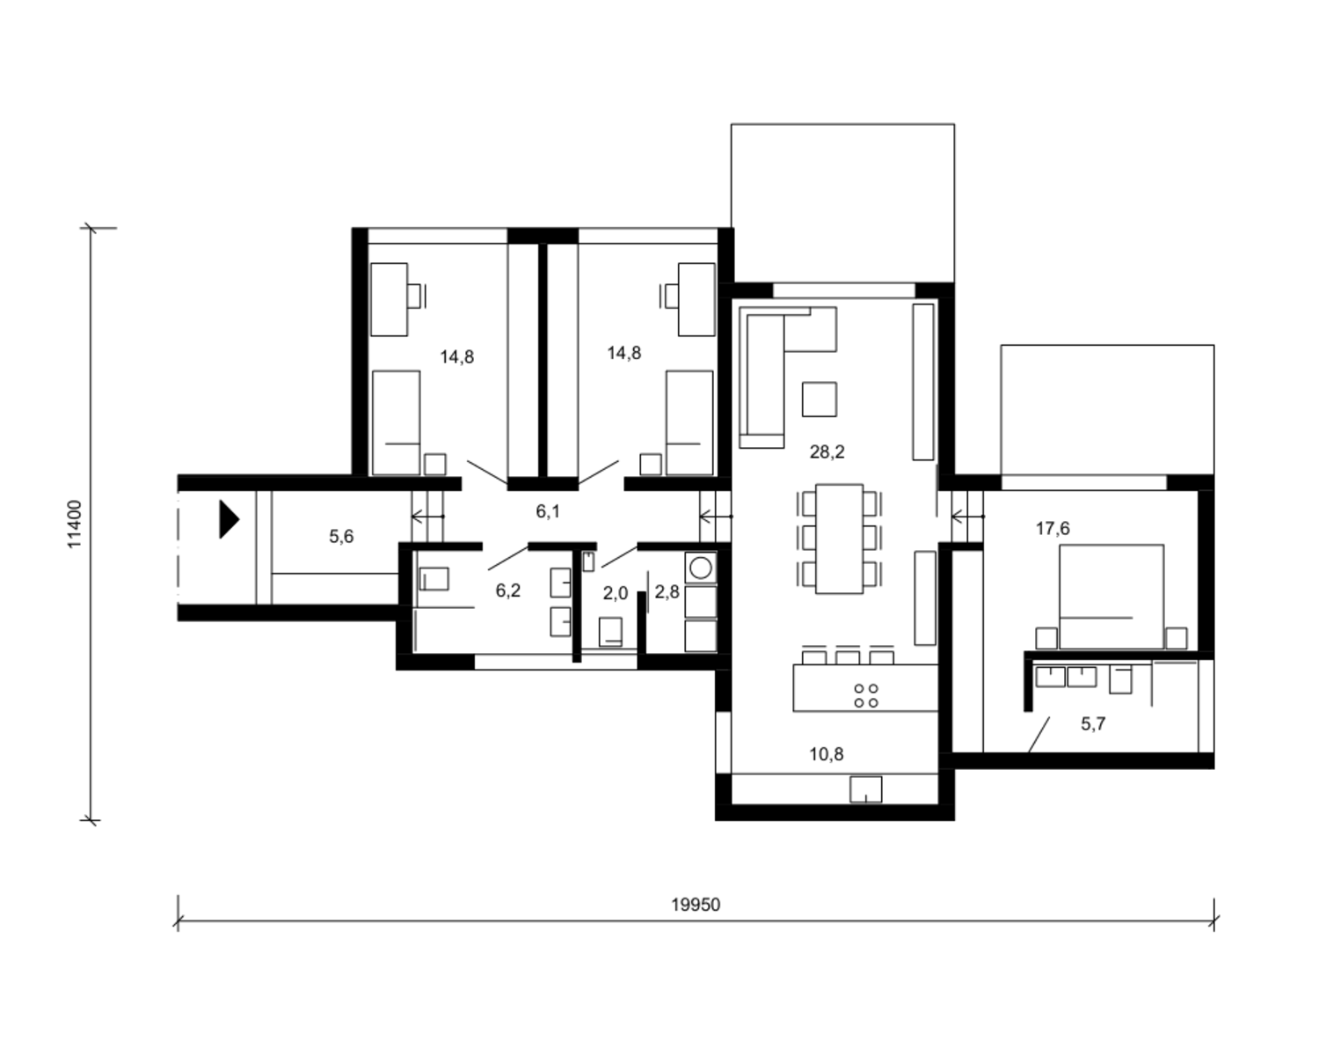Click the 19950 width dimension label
pos(696,905)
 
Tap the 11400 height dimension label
pos(74,524)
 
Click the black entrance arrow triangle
pos(230,519)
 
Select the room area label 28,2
pos(827,452)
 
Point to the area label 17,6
pos(1053,528)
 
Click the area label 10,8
pos(827,754)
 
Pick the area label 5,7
pos(1093,724)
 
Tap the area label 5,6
pos(341,536)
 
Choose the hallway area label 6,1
pos(547,511)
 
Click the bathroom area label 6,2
pos(507,590)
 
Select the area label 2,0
pos(616,593)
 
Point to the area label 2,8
pos(667,592)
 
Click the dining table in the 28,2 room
pos(839,539)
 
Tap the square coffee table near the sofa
pos(820,400)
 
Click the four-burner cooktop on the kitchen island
pos(866,696)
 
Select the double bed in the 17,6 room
pos(1111,597)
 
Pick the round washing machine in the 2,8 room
pos(701,568)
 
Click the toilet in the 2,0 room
pos(610,632)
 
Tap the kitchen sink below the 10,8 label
pos(865,789)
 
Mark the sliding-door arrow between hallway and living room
pos(716,517)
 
